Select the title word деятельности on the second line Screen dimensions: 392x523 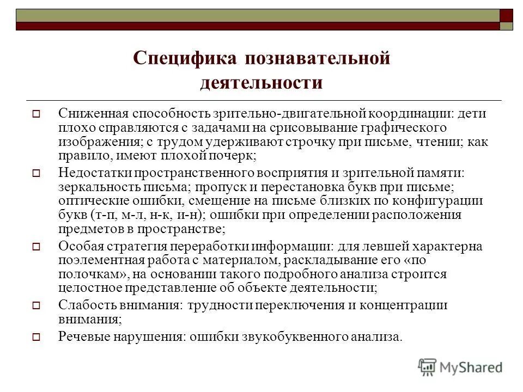(261, 84)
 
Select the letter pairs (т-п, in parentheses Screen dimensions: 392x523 (105, 214)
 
